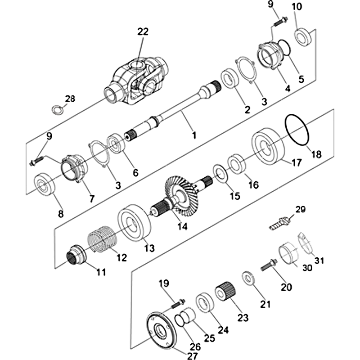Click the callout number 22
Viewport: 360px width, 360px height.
pyautogui.click(x=143, y=31)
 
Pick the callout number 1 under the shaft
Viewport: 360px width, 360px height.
pyautogui.click(x=194, y=135)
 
